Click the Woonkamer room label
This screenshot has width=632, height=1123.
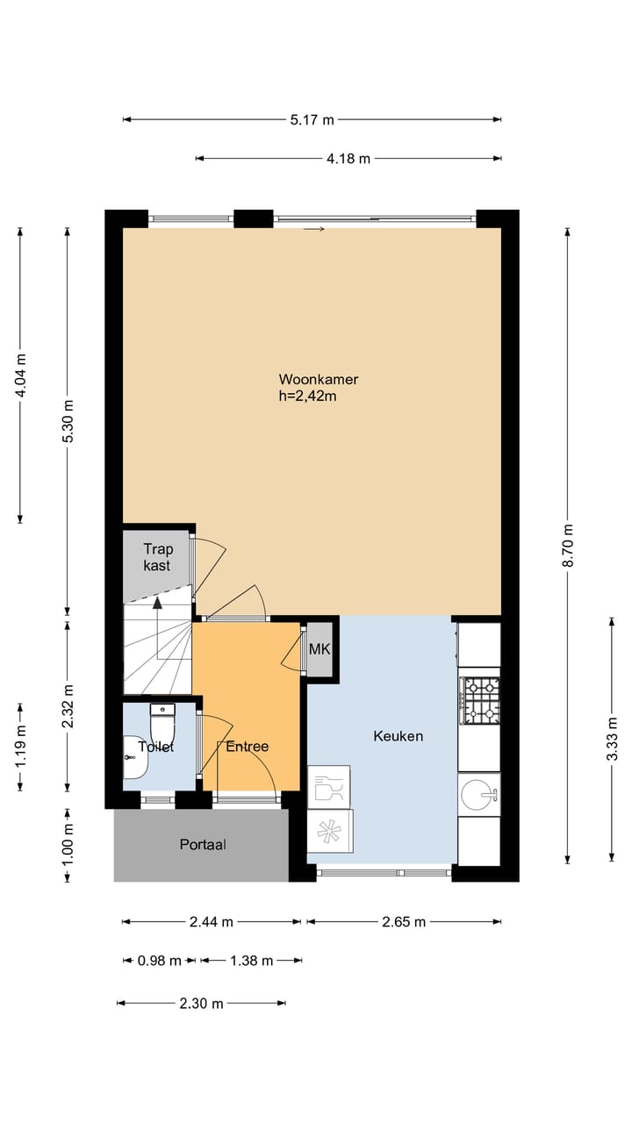pyautogui.click(x=318, y=379)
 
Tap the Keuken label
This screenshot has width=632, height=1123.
pyautogui.click(x=398, y=736)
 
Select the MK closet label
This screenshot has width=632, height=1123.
pyautogui.click(x=319, y=649)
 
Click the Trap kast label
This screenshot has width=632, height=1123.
pyautogui.click(x=158, y=557)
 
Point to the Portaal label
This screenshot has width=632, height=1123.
pyautogui.click(x=203, y=845)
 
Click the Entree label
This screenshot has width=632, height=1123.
pyautogui.click(x=247, y=747)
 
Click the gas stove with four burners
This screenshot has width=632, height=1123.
pyautogui.click(x=480, y=699)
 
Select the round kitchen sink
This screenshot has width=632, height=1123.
pyautogui.click(x=479, y=795)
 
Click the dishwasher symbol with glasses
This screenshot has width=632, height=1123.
pyautogui.click(x=328, y=786)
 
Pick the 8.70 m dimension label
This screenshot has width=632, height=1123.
pyautogui.click(x=568, y=545)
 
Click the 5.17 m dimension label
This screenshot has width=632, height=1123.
pyautogui.click(x=312, y=119)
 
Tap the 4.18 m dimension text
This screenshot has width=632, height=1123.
pyautogui.click(x=348, y=159)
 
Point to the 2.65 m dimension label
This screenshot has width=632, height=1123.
pyautogui.click(x=404, y=921)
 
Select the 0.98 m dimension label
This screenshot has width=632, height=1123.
pyautogui.click(x=160, y=961)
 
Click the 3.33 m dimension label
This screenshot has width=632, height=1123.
pyautogui.click(x=612, y=739)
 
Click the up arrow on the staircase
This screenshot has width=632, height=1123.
pyautogui.click(x=157, y=603)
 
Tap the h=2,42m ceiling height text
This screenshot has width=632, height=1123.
pyautogui.click(x=308, y=396)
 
